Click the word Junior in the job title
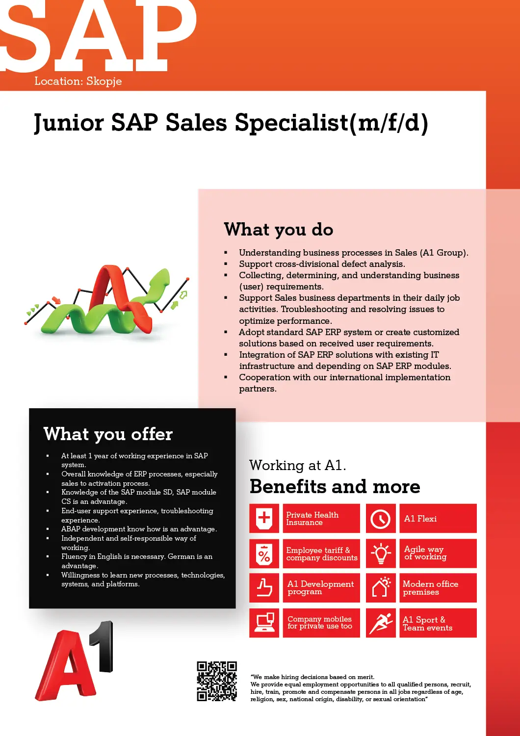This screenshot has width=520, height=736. click(x=69, y=123)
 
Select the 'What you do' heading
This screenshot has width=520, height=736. click(x=279, y=230)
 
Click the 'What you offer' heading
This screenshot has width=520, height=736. click(x=108, y=434)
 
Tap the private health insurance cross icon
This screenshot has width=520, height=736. click(x=264, y=518)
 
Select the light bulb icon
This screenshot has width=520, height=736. click(x=381, y=553)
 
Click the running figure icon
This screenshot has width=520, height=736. click(x=381, y=623)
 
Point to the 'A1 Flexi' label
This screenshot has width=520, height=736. click(x=420, y=519)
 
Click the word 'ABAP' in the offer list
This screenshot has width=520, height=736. click(x=71, y=529)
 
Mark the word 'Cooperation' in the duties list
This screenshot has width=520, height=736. click(x=264, y=377)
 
